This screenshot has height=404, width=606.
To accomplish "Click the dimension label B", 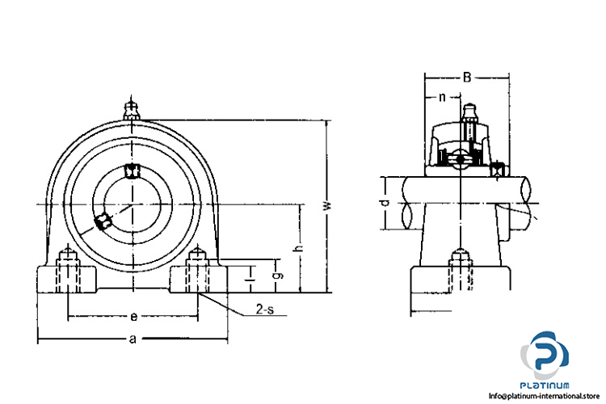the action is tap(467, 78).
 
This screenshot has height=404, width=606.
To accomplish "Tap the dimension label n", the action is tap(442, 97).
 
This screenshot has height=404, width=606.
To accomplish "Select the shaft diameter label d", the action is tap(385, 203).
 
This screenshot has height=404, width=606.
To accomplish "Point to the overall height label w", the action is tap(328, 206).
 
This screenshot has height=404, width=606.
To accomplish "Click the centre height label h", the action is tap(299, 248).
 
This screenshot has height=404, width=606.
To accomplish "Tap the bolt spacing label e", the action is tap(133, 317).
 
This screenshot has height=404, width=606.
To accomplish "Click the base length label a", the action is tap(133, 339).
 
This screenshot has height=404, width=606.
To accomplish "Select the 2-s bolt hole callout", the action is tap(265, 309).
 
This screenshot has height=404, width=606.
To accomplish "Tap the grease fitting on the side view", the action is tap(469, 113).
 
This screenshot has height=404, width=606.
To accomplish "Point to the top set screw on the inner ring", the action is tap(133, 170).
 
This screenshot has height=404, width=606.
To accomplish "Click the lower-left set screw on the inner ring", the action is tap(103, 222).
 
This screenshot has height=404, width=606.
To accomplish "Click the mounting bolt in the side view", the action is tap(461, 271).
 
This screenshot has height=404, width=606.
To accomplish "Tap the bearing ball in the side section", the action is tap(460, 159).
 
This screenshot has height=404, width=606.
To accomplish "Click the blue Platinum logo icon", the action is tap(545, 355).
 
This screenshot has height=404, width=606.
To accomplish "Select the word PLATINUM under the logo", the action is tap(544, 385).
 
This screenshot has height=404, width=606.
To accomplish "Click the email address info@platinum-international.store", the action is tap(544, 396).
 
